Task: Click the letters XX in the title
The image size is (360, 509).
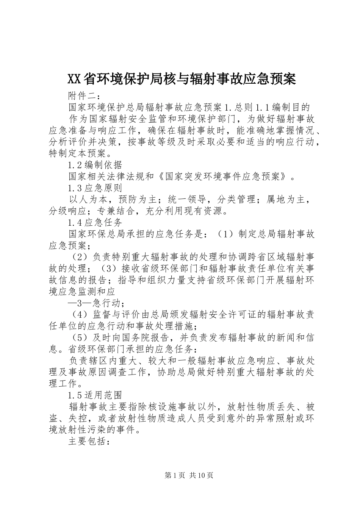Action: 74,79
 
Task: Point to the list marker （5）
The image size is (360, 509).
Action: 80,338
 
